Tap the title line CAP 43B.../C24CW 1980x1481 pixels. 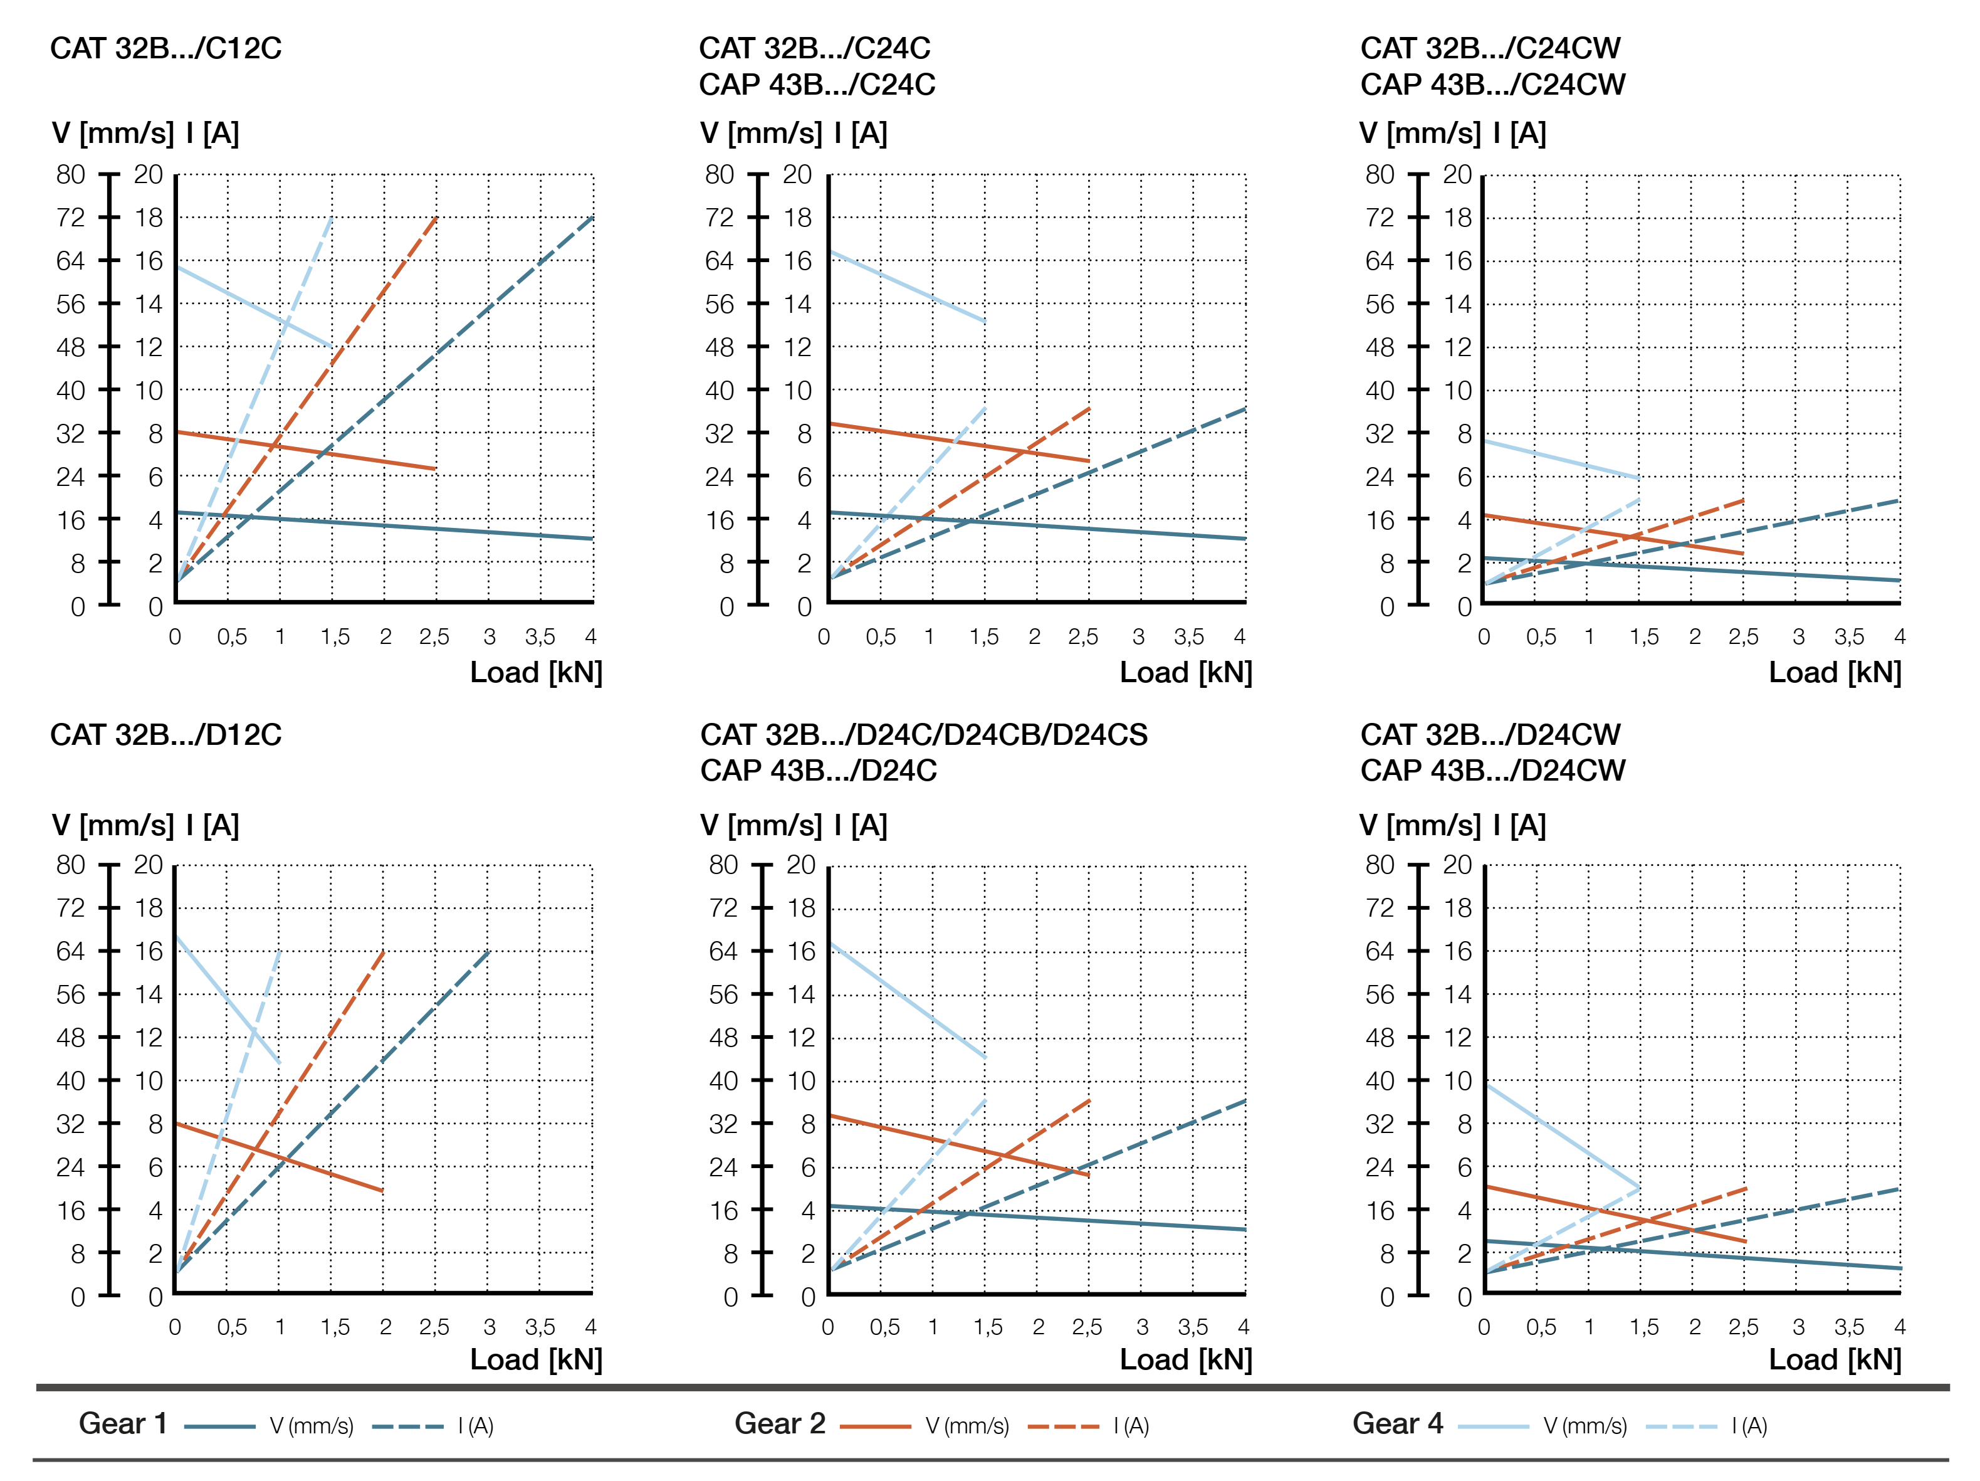point(1492,85)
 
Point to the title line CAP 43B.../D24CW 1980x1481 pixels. point(1492,771)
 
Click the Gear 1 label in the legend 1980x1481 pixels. point(123,1424)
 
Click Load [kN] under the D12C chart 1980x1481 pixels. point(536,1359)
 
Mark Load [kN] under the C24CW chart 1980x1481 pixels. point(1835,672)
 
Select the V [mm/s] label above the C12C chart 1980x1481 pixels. point(113,134)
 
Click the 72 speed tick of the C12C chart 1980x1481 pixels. point(71,218)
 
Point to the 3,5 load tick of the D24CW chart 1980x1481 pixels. point(1848,1327)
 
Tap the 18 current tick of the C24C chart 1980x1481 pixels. point(797,218)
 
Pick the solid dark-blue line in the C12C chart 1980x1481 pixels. point(385,525)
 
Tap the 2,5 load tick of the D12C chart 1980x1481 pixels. point(434,1327)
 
